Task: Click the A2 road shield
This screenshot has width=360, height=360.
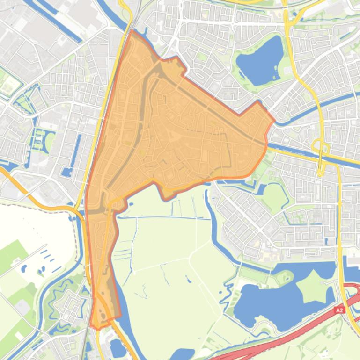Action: pyautogui.click(x=339, y=310)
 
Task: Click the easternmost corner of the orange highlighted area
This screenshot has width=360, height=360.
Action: pyautogui.click(x=274, y=121)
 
